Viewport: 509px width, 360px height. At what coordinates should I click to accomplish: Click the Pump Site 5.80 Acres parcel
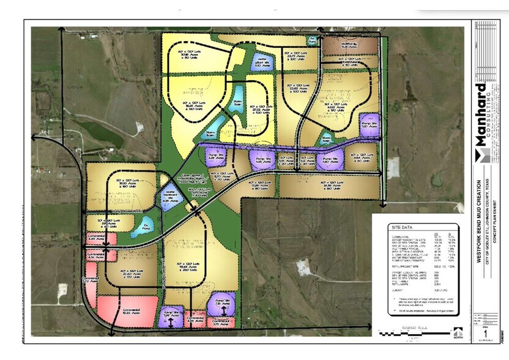click(x=329, y=159)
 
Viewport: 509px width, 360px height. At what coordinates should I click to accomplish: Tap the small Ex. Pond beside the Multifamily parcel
click(x=313, y=41)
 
